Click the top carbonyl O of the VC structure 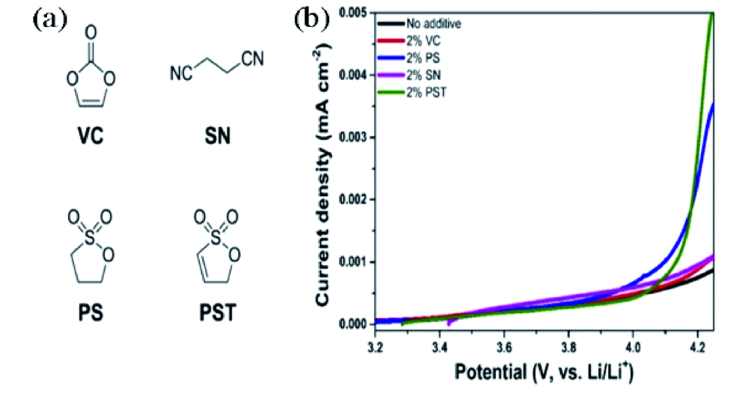(91, 33)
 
